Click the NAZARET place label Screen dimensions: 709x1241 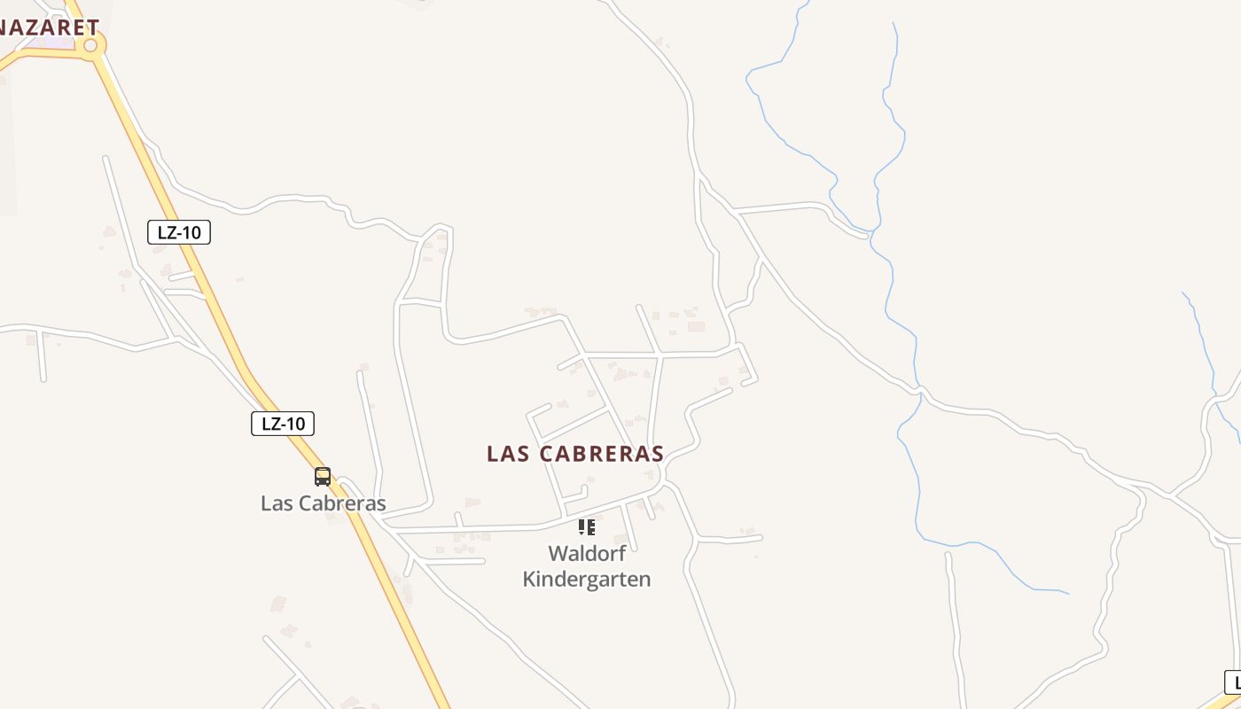49,27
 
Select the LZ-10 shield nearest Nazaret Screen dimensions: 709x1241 179,233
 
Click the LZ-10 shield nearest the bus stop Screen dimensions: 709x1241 283,424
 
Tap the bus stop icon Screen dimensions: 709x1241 323,477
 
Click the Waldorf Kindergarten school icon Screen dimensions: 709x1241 586,527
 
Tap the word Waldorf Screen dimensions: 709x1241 587,554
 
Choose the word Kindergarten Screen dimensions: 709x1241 587,580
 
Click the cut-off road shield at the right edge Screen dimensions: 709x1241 1233,682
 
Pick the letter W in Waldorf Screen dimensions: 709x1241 558,554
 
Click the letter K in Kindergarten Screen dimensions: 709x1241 529,580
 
